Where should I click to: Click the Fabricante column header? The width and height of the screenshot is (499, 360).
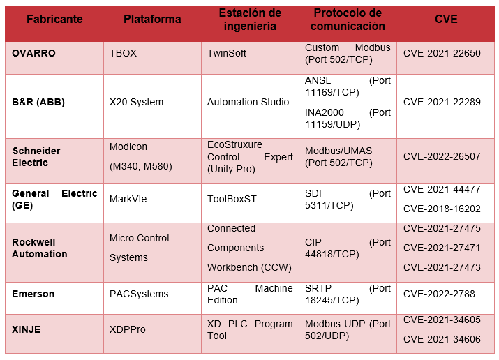click(54, 20)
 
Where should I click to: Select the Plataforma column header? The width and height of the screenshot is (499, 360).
click(152, 20)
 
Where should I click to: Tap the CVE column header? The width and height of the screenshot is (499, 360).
click(445, 20)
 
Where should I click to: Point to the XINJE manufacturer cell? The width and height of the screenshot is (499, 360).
click(27, 329)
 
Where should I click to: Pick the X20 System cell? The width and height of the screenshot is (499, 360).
click(137, 102)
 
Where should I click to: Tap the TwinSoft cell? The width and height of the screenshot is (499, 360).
click(227, 53)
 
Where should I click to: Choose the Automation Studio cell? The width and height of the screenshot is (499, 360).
click(248, 102)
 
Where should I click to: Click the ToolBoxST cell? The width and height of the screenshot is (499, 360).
click(232, 199)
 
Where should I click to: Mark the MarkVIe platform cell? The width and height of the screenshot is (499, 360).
click(129, 199)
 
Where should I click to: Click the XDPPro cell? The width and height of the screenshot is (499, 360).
click(128, 329)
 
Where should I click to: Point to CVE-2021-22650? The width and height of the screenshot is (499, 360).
click(442, 53)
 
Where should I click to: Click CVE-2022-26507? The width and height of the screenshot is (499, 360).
click(442, 157)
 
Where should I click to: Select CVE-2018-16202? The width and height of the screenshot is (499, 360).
click(442, 208)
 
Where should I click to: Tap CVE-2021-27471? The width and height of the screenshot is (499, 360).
click(442, 248)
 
